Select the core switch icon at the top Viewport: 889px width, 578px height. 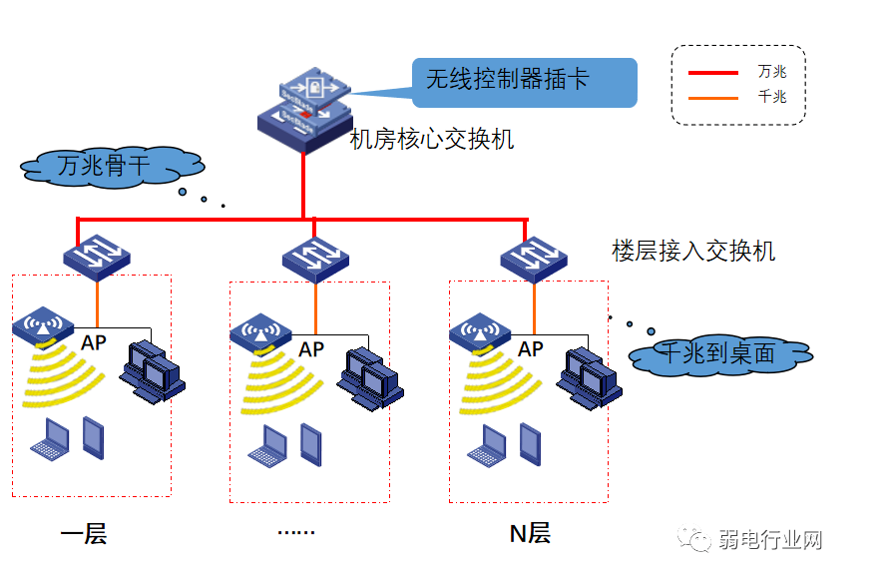pyautogui.click(x=305, y=110)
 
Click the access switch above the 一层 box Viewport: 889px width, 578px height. pyautogui.click(x=97, y=255)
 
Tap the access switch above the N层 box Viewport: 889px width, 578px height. pyautogui.click(x=534, y=257)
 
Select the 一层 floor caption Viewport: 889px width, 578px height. pyautogui.click(x=84, y=534)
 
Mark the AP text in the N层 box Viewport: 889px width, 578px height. pyautogui.click(x=531, y=349)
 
